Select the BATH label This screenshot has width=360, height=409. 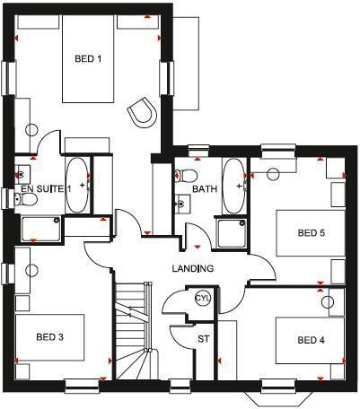coord(205,189)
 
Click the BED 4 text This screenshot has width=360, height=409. coord(311,340)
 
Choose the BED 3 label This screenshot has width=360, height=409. coord(49,338)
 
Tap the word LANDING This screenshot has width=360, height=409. coord(193,269)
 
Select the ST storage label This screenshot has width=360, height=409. coord(203,339)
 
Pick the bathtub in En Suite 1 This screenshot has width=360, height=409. coord(78,186)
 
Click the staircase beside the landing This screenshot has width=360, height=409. coord(135,332)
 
